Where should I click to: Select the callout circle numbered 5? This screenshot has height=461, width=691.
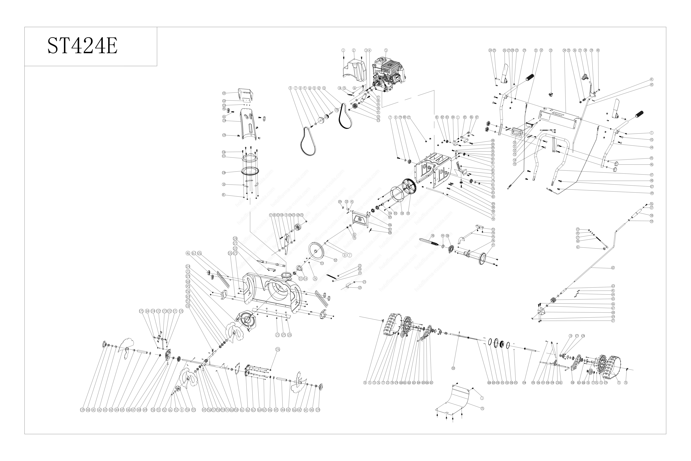pyautogui.click(x=386, y=50)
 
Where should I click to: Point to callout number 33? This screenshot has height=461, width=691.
pyautogui.click(x=551, y=50)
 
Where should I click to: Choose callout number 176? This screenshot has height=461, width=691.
pyautogui.click(x=278, y=350)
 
